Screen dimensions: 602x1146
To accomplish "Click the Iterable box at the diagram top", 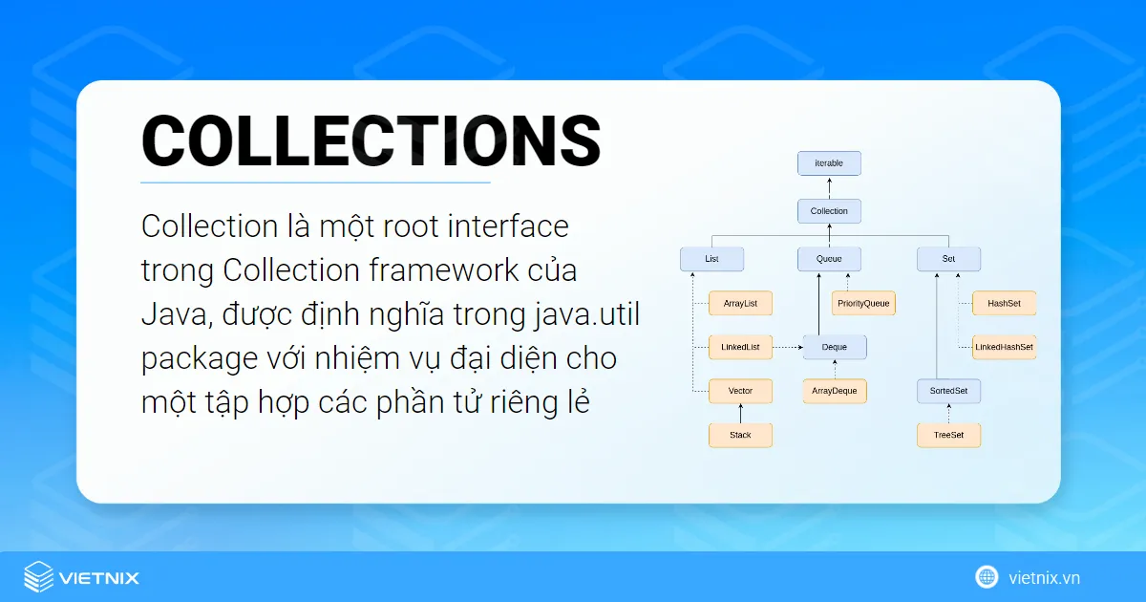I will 829,163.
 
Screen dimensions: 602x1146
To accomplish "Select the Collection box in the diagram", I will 829,211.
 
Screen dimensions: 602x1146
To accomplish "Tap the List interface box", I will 711,258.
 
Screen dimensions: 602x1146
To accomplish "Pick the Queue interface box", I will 829,258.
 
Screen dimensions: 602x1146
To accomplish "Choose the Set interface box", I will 948,258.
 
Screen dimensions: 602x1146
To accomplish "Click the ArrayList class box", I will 740,304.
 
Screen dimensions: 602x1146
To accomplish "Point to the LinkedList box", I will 740,347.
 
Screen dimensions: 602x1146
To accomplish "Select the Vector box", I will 740,392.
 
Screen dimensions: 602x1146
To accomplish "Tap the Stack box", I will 740,435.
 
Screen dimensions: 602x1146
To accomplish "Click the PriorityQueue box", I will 863,304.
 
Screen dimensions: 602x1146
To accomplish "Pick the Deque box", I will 835,347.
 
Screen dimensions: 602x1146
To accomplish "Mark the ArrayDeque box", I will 835,392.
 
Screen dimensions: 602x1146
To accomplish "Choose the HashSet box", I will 1004,304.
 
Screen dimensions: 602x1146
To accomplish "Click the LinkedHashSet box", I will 1004,347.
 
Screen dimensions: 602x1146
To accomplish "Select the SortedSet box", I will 948,392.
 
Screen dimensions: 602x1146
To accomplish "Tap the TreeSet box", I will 948,435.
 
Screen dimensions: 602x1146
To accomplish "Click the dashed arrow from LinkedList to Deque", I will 787,347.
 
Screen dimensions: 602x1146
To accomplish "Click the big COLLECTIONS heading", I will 371,140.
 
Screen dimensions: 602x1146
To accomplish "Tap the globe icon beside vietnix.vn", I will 987,576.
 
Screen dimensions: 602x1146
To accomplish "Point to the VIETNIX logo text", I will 98,577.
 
